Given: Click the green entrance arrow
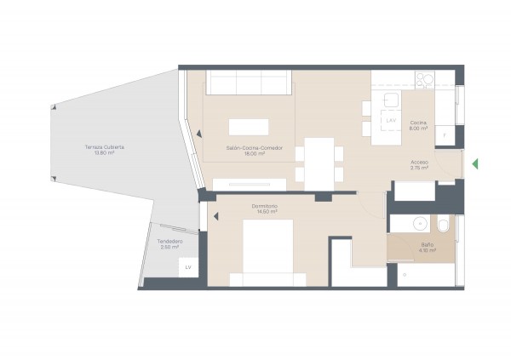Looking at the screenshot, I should (477, 163).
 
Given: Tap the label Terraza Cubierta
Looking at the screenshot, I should (105, 147).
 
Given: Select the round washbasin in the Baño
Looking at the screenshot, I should (419, 225).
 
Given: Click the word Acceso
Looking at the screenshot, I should (419, 162).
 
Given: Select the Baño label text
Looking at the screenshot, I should (427, 245).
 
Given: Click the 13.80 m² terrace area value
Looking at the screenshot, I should (105, 153).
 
